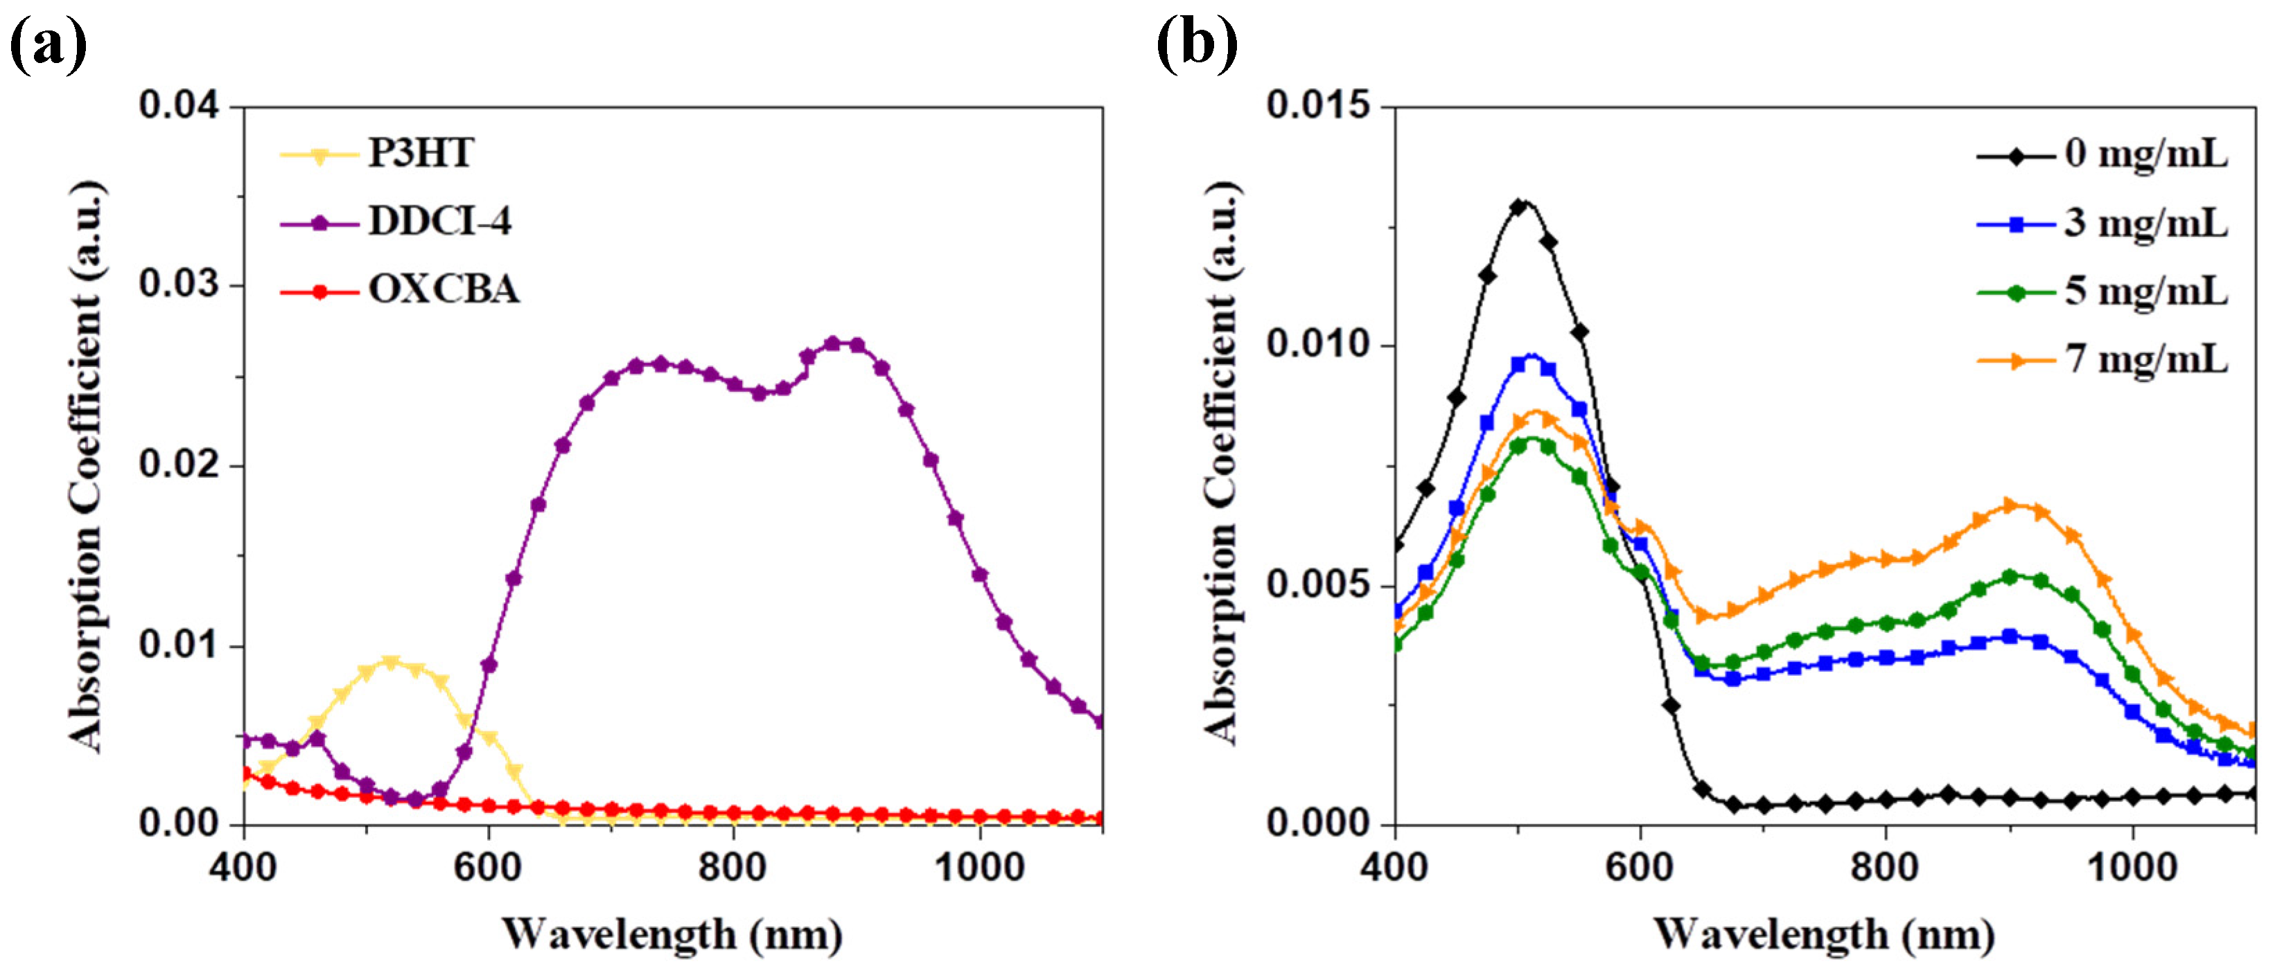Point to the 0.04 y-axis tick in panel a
(179, 106)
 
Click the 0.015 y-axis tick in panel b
(1318, 106)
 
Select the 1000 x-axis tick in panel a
(979, 868)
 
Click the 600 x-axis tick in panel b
(1640, 868)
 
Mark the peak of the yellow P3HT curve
(391, 661)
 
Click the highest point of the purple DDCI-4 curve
(843, 342)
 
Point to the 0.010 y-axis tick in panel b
(1318, 345)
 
